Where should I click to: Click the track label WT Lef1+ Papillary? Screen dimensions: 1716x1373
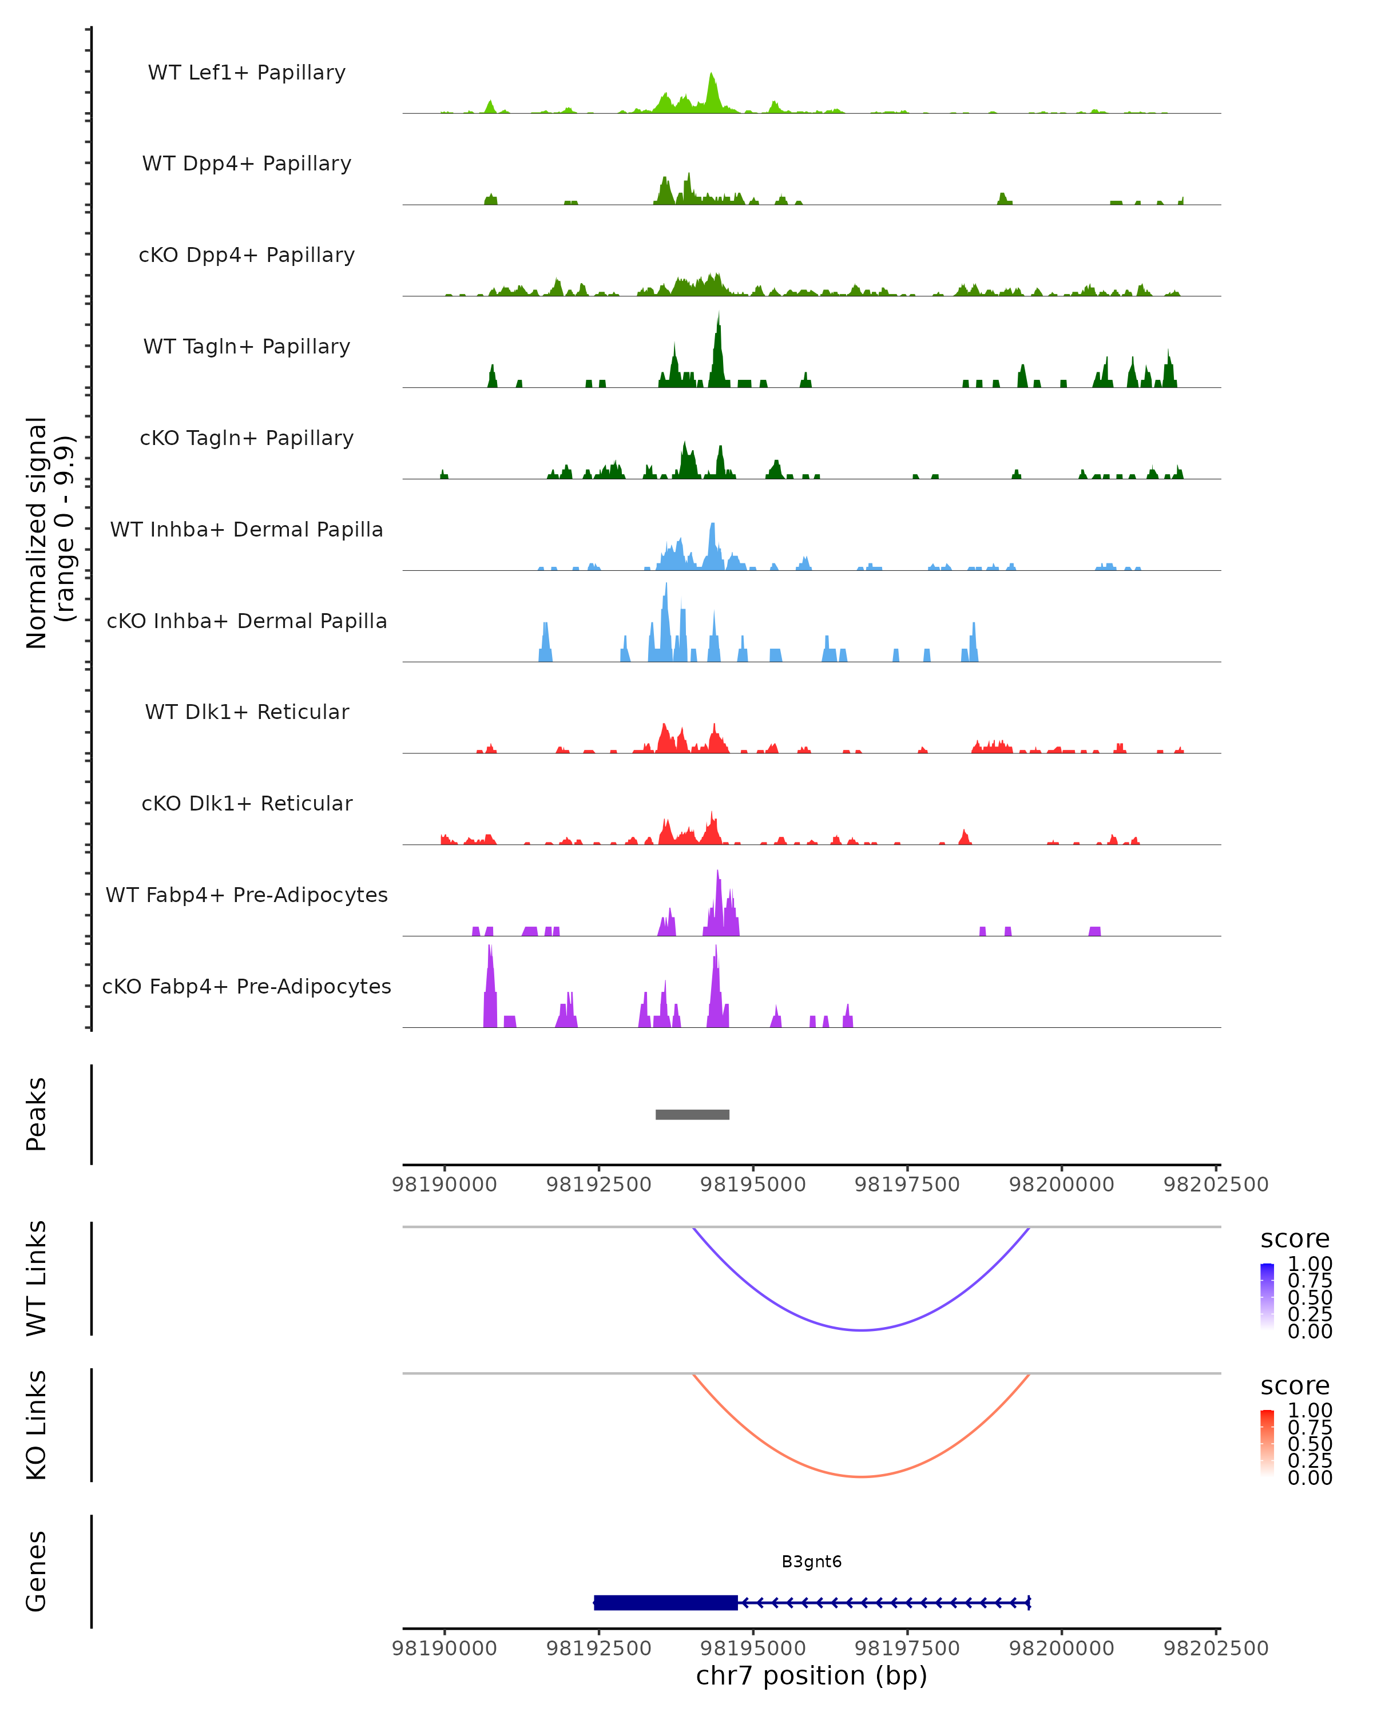click(x=247, y=73)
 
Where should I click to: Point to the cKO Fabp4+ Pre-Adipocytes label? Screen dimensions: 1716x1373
click(x=247, y=986)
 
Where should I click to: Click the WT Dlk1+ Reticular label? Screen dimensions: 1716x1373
click(x=247, y=712)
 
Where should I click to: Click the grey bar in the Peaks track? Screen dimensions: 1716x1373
click(x=692, y=1114)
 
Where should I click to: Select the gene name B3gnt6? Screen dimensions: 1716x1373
click(x=811, y=1561)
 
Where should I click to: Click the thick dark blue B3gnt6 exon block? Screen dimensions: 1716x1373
click(x=665, y=1602)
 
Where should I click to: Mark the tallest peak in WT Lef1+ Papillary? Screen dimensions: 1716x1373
click(x=712, y=77)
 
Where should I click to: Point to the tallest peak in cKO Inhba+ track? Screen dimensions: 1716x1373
click(x=666, y=589)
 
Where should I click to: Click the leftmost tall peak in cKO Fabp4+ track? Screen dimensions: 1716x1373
click(x=490, y=951)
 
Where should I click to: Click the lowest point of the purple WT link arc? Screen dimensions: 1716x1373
click(x=861, y=1330)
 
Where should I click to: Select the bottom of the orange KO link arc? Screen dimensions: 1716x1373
click(x=861, y=1476)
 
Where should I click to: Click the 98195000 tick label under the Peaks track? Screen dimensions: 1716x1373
click(x=753, y=1185)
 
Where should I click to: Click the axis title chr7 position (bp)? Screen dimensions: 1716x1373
click(x=811, y=1675)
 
